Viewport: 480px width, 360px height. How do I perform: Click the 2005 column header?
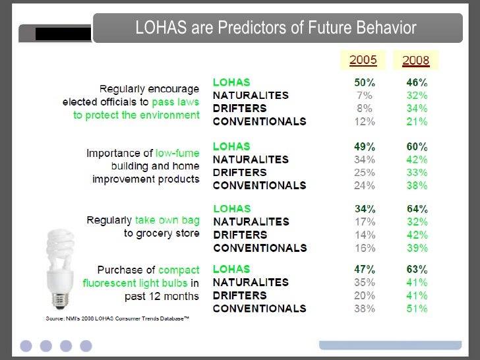pos(363,61)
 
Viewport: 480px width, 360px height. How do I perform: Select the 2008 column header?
pos(415,61)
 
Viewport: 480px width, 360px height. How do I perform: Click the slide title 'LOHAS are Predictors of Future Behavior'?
pos(276,28)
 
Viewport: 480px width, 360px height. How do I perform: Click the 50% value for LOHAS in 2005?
pos(365,82)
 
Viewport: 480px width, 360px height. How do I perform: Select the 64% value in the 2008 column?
pos(417,209)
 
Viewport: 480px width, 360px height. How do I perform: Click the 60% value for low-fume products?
pos(417,146)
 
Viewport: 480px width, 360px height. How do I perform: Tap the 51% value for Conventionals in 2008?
pos(417,309)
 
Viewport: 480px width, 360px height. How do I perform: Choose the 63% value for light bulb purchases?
pos(417,269)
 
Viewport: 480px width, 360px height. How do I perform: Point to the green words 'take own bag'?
pos(167,220)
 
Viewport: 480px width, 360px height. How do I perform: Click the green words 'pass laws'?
pos(175,102)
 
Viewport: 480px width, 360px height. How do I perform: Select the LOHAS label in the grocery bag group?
pos(231,209)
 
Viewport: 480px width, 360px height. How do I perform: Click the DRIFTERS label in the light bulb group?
pos(240,295)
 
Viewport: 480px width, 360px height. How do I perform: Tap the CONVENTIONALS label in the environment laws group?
pos(259,121)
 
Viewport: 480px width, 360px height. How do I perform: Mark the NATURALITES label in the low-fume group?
pos(251,160)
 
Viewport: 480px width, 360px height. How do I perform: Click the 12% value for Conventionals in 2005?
pos(365,121)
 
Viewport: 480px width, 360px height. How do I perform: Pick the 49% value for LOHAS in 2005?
pos(365,146)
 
